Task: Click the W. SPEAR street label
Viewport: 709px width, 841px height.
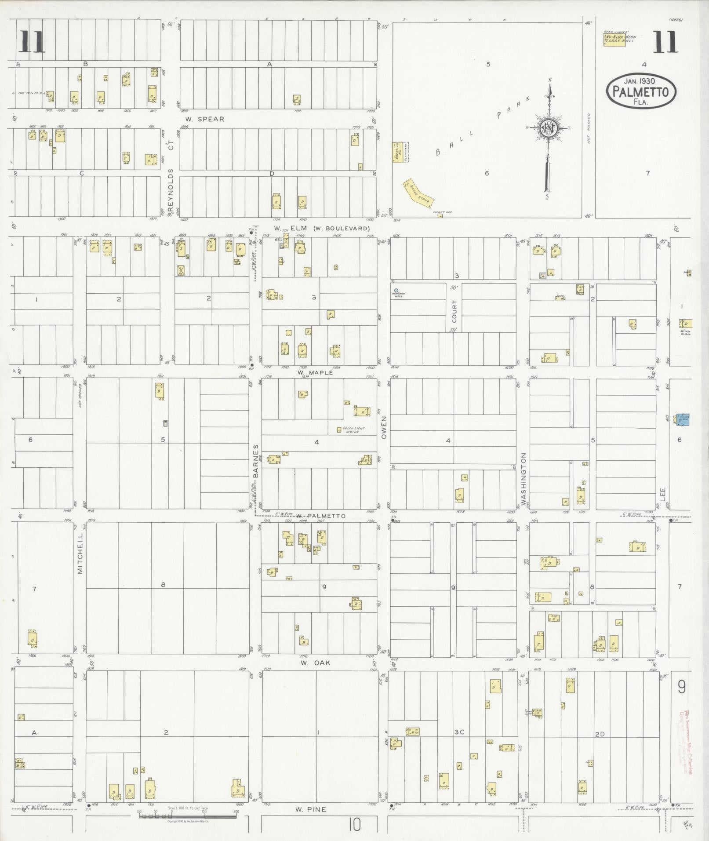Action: tap(204, 119)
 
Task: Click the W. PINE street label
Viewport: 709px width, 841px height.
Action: tap(311, 809)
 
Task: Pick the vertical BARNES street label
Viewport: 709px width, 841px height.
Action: tap(255, 461)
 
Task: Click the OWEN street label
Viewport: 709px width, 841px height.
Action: tap(384, 427)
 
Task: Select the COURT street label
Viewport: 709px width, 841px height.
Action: tap(454, 311)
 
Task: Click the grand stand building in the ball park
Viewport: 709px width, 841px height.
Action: tap(419, 194)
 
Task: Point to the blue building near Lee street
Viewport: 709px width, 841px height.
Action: tap(682, 419)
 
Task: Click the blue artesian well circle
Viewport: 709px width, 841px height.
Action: tap(396, 291)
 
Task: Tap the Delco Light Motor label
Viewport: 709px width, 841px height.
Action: tap(350, 430)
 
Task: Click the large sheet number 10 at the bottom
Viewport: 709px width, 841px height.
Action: tap(355, 825)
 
